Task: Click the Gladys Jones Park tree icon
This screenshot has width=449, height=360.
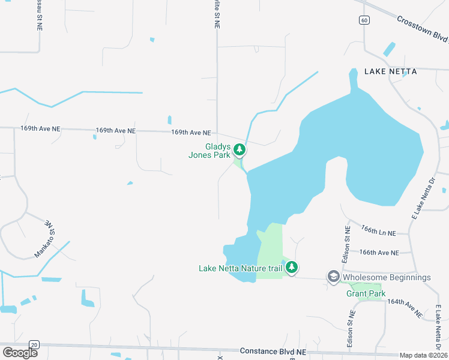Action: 240,150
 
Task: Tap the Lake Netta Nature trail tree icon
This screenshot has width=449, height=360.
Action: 291,268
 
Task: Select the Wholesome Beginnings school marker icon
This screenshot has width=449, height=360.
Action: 334,277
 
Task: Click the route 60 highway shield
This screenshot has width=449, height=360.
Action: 364,20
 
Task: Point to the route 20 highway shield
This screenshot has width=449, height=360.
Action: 34,344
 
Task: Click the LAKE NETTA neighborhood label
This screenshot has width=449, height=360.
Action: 390,71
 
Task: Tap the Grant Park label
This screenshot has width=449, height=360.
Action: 366,293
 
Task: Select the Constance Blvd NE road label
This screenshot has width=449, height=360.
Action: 273,351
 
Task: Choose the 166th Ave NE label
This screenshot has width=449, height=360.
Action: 378,253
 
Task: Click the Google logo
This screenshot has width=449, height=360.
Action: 20,353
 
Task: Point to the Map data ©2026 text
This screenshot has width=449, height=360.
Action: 424,355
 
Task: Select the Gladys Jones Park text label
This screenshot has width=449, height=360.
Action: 209,151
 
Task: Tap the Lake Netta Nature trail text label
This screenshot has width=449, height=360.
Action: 240,268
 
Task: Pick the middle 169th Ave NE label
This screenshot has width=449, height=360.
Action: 116,130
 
